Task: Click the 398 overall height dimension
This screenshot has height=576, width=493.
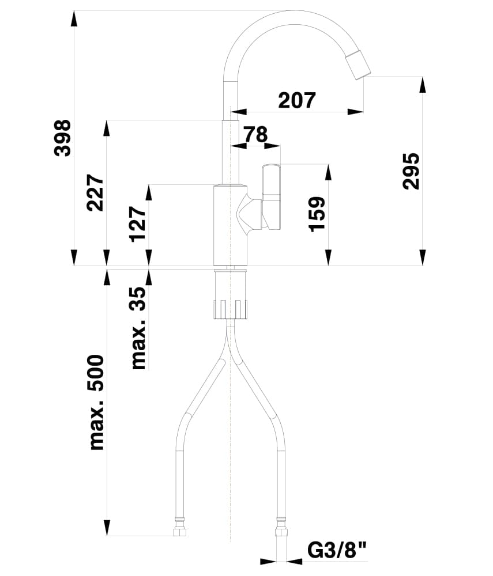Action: coord(62,138)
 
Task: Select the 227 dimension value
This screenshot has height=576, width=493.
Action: coord(95,192)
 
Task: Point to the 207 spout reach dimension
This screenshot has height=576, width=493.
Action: coord(297,100)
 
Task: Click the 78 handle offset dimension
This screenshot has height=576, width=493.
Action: coord(255,134)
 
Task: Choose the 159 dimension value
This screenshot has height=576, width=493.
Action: coord(317,214)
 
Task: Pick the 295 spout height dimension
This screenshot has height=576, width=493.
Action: coord(411,171)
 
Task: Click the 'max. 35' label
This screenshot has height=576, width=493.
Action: coord(138,328)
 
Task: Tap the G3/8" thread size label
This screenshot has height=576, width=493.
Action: coord(337,551)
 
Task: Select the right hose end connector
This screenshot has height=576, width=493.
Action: coord(281,529)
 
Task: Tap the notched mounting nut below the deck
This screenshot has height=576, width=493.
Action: coord(231,309)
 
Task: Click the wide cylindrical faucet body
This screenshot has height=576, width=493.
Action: coord(231,225)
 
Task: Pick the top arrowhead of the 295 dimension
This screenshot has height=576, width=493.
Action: coord(423,85)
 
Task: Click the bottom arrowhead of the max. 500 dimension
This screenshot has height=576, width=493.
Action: coord(107,528)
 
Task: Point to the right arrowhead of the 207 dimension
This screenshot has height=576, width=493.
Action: coord(355,112)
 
